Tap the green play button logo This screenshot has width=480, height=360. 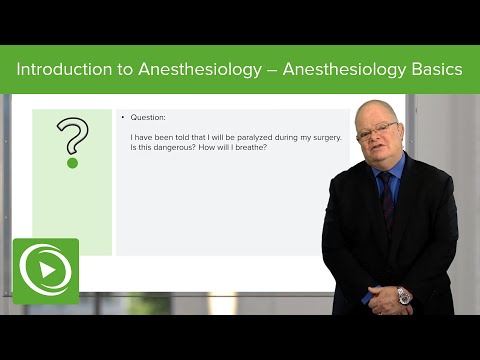[x=45, y=271]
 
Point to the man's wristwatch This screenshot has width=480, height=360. [x=404, y=295]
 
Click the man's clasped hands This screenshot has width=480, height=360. [x=384, y=296]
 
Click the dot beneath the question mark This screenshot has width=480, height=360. [x=72, y=162]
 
